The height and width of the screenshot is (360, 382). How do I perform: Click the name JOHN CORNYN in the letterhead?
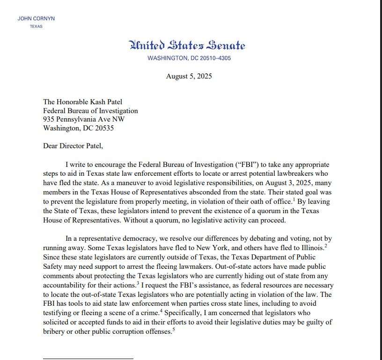pos(36,19)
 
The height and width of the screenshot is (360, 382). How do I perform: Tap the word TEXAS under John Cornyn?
pos(36,27)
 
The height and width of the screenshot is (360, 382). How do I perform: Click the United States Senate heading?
pos(187,45)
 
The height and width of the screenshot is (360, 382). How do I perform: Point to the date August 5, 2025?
pos(189,76)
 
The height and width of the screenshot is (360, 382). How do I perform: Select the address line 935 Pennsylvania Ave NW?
pos(84,119)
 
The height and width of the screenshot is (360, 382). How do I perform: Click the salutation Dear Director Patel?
pos(73,145)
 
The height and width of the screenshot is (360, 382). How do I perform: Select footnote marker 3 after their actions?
pos(139,282)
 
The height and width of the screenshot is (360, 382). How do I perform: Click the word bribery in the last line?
pos(54,331)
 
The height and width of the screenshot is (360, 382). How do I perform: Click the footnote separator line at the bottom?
pos(88,359)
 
